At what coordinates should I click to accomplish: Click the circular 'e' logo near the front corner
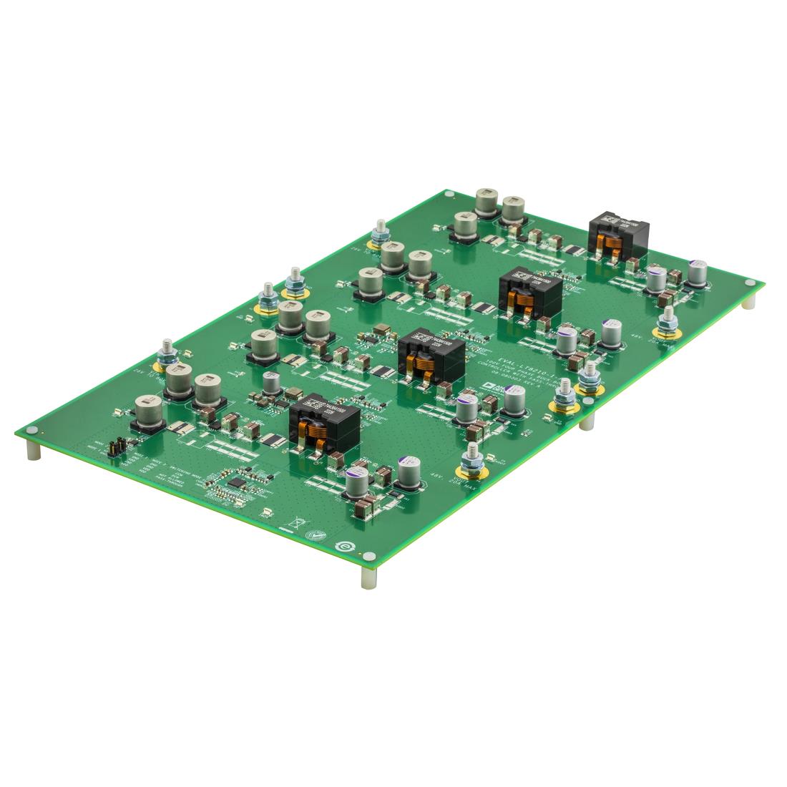345,545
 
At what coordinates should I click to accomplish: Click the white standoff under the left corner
33,451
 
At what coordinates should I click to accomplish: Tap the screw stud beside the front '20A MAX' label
472,461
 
